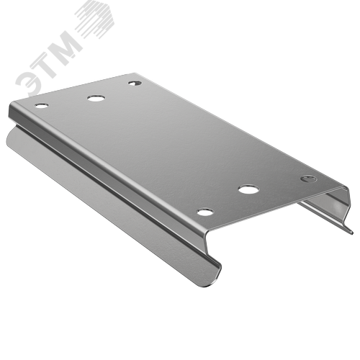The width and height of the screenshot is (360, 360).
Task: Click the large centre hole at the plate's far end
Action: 96,99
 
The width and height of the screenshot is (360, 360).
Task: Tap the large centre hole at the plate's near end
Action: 249,189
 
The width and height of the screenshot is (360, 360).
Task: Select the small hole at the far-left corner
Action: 42,105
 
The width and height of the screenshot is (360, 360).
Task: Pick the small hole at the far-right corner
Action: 135,83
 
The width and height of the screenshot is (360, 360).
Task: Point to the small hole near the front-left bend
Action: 205,212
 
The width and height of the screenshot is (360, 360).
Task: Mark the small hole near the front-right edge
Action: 309,179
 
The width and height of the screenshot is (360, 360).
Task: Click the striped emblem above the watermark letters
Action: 95,19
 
